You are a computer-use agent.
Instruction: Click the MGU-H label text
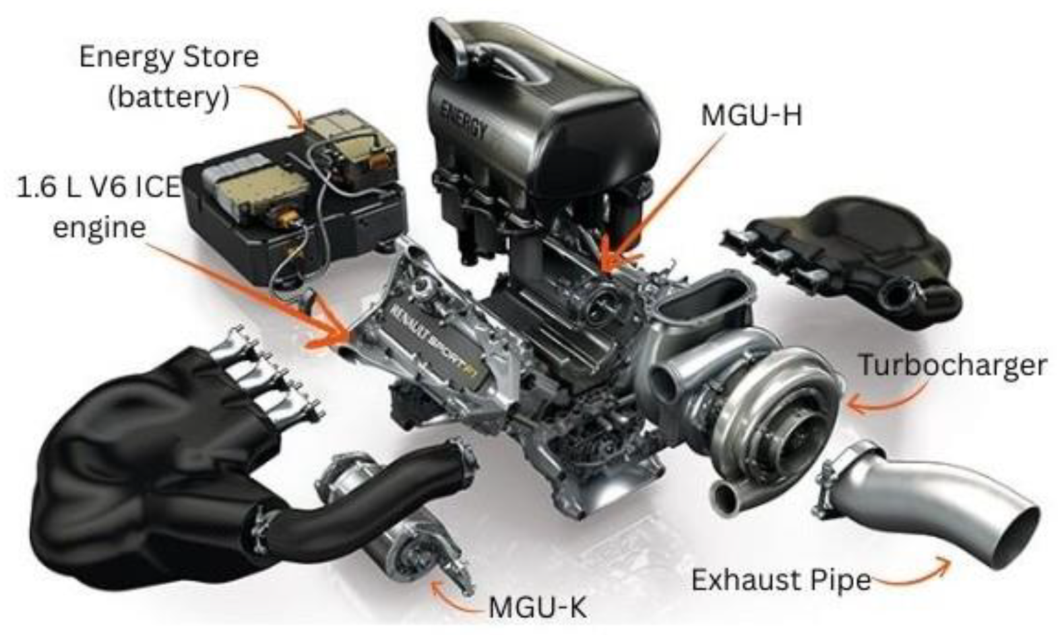pos(751,115)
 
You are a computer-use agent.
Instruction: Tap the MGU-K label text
pos(538,607)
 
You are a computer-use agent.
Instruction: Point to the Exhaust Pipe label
pos(781,580)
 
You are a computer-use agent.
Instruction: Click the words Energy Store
pos(169,57)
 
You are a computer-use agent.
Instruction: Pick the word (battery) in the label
pos(168,97)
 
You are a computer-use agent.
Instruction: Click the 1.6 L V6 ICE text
pos(99,187)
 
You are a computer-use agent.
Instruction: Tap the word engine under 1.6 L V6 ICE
pos(99,228)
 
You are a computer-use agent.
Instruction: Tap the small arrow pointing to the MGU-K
pos(451,596)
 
